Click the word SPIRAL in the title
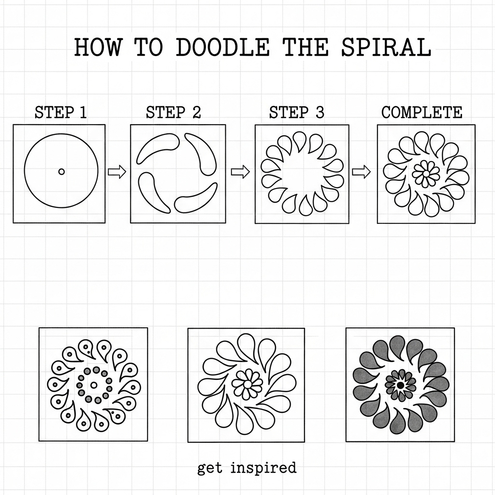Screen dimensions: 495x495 386,47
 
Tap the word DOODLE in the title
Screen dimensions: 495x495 222,47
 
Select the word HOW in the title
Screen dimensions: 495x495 98,47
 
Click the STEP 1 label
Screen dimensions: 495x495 60,112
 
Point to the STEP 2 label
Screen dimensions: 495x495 174,112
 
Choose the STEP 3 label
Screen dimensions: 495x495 296,112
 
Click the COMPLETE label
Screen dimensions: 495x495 422,112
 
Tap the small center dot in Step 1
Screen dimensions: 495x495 61,172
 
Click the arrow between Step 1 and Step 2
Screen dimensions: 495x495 117,172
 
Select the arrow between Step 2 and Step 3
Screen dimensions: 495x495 240,172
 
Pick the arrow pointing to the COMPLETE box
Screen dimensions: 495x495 362,172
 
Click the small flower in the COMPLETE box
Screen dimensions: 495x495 426,174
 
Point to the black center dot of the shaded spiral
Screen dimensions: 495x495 401,385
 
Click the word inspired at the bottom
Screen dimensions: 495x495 263,467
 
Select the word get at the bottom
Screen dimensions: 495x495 209,468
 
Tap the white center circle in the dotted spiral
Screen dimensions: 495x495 93,385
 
